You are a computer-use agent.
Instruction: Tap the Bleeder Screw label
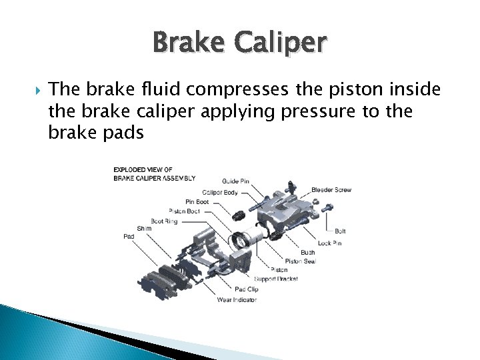click(x=331, y=190)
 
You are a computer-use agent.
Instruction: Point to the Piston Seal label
click(x=300, y=261)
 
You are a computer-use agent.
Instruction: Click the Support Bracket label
click(x=275, y=278)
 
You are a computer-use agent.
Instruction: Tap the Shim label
click(x=144, y=228)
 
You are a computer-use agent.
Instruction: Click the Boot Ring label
click(x=164, y=221)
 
